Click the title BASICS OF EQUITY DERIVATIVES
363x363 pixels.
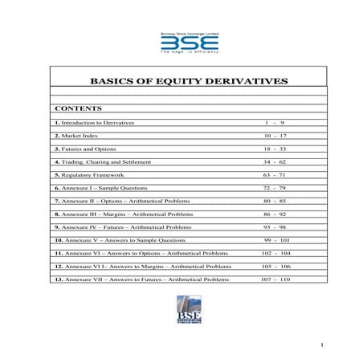click(x=188, y=82)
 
